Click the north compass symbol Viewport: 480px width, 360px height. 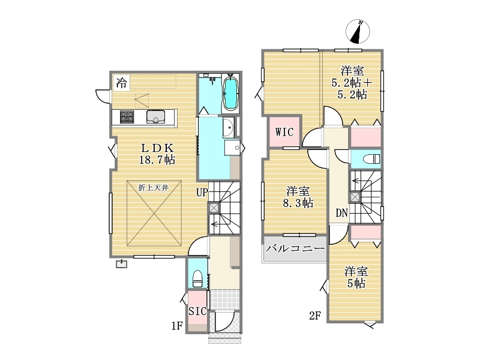358,31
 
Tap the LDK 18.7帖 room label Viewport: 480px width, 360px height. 157,154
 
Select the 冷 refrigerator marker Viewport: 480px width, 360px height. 122,82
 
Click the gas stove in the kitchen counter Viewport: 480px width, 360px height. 127,116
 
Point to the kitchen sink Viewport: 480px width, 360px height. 155,116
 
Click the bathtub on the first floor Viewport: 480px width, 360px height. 230,93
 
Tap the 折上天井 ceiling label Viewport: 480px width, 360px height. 154,188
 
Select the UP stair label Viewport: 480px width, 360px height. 202,193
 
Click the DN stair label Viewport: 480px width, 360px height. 342,213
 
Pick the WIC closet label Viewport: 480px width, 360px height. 284,132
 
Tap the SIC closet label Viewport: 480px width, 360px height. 197,311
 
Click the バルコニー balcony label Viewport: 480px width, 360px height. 295,248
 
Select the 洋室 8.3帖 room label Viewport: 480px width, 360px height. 298,197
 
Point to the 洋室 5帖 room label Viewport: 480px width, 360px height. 356,278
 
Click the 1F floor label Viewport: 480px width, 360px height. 176,326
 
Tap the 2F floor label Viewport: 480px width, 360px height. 314,316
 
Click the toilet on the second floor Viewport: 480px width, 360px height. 371,159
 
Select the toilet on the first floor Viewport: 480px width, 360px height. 197,278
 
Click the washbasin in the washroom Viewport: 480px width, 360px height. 228,127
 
